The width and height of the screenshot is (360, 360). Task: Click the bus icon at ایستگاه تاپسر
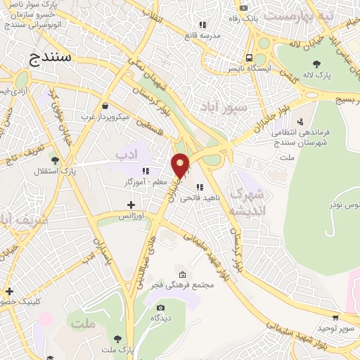point(249,58)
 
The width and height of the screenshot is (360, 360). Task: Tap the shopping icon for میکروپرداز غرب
point(105,105)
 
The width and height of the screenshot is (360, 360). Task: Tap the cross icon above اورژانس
point(131,205)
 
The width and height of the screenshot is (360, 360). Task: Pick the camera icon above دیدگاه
point(160,307)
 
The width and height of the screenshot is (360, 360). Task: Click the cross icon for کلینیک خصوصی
point(8,291)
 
